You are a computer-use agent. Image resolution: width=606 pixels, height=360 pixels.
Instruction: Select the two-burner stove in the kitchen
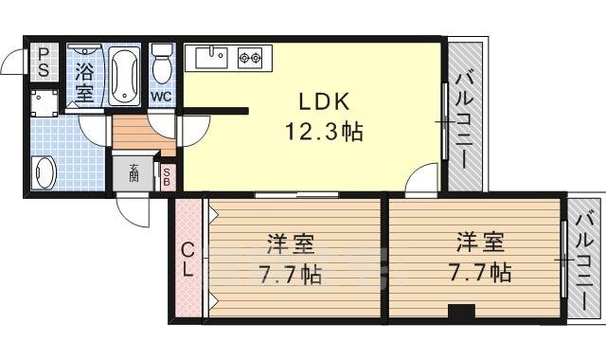click(x=249, y=58)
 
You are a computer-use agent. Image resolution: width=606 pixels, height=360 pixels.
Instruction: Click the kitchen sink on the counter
click(x=212, y=58)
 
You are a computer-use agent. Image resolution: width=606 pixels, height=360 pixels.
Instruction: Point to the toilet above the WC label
click(x=162, y=63)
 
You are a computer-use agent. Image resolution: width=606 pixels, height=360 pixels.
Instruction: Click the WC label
click(x=161, y=97)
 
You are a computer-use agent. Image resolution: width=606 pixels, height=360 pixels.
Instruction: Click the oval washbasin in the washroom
click(x=45, y=173)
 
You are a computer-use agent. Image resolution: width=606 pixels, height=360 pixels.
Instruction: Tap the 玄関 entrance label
click(x=134, y=173)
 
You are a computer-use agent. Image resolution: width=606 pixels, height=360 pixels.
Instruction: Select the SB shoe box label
click(x=166, y=175)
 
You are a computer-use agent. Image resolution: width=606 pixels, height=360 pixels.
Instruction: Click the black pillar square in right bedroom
click(x=461, y=311)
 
